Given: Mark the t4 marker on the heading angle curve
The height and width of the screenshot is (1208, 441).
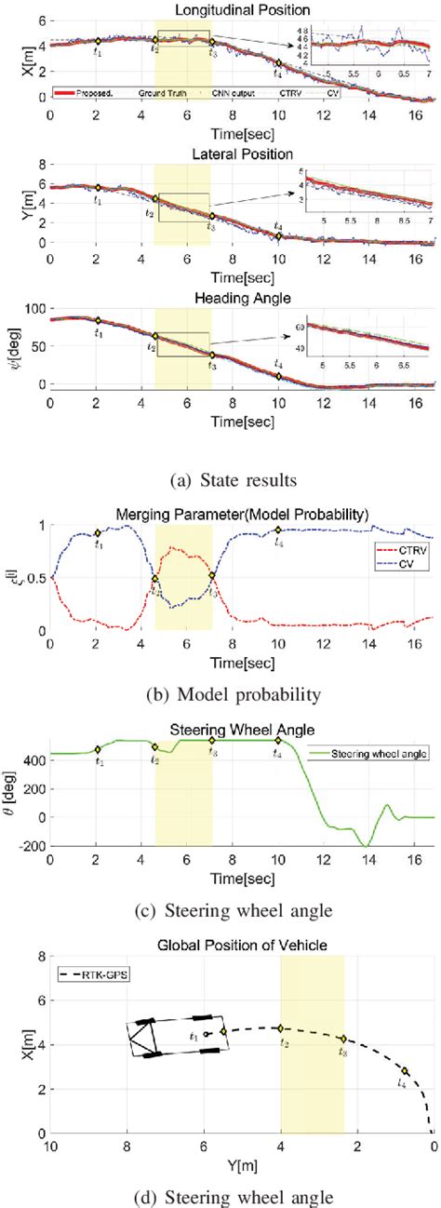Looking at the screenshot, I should pos(278,376).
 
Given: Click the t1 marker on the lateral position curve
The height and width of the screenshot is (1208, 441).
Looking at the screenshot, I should pos(98,188).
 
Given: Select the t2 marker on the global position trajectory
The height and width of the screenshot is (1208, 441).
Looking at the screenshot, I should pos(280,1027).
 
